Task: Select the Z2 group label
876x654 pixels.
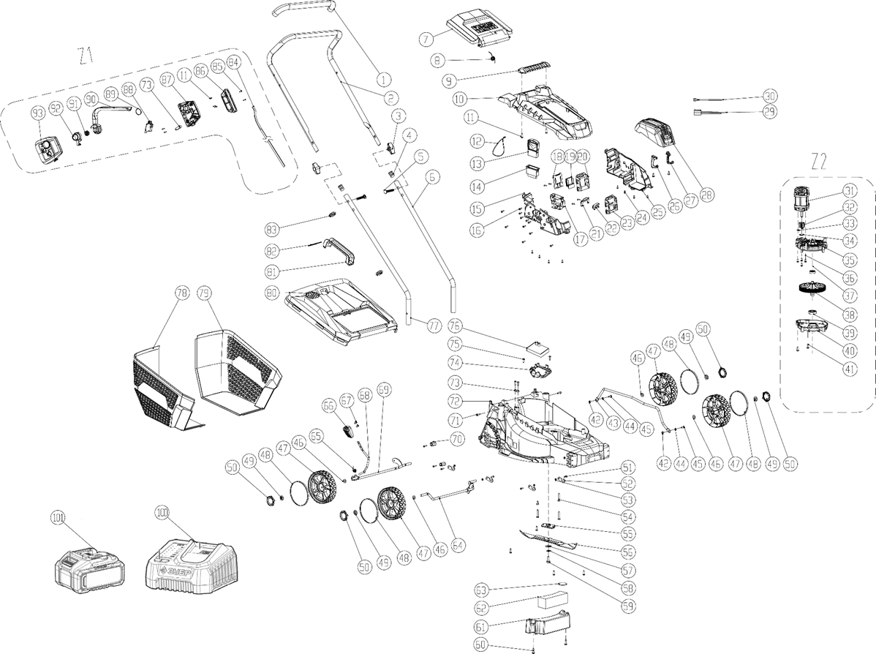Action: [x=819, y=161]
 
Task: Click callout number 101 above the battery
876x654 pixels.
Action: [x=59, y=518]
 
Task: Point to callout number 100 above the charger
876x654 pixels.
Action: [x=160, y=510]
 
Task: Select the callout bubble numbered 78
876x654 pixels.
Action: [x=182, y=293]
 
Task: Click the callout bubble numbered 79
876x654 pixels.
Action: [x=204, y=293]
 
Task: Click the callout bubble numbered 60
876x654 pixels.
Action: [x=481, y=644]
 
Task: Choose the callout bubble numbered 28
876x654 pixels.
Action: [x=706, y=195]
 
